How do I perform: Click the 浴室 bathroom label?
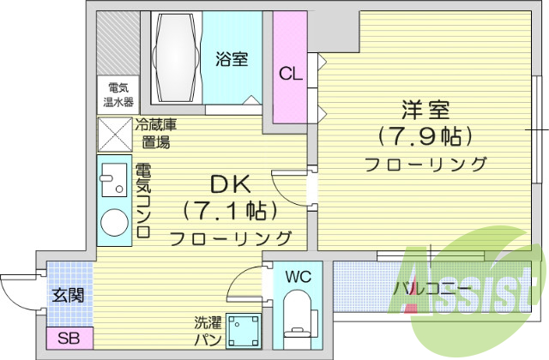tap(232, 59)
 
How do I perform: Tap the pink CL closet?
tap(289, 73)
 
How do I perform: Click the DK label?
tap(230, 183)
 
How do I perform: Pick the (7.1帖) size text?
tap(230, 210)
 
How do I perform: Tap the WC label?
tap(298, 277)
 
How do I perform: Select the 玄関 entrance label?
tap(69, 296)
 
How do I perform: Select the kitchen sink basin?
tap(112, 182)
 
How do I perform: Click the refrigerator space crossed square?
tap(114, 135)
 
